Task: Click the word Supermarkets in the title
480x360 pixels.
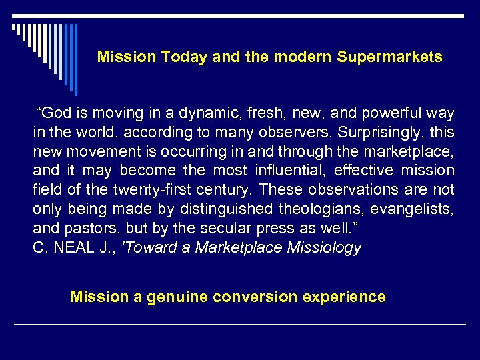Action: [x=389, y=57]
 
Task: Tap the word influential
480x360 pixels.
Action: [x=291, y=171]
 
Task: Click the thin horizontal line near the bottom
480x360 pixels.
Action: [x=240, y=325]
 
